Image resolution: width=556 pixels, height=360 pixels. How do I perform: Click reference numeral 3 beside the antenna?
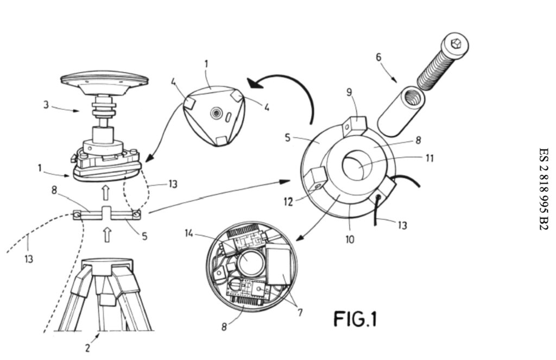pos(47,105)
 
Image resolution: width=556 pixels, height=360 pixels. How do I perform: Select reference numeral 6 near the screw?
pos(378,57)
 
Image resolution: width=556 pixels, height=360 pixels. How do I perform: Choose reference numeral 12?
pos(288,202)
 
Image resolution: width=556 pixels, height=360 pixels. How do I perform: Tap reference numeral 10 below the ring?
pos(350,239)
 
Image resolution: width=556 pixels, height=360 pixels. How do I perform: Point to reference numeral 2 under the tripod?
pos(87,347)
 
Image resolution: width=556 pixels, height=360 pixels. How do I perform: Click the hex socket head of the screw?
pos(455,43)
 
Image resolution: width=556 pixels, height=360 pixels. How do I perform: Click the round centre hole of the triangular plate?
pos(216,113)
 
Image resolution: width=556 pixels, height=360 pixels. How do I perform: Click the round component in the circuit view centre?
pos(249,260)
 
